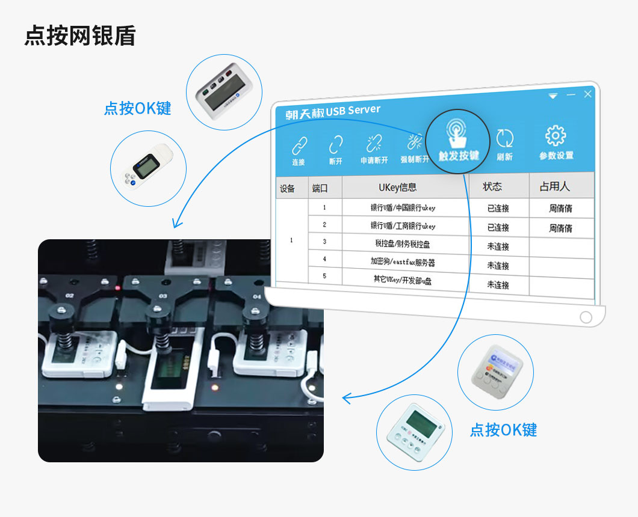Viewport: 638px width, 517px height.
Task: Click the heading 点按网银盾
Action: tap(80, 36)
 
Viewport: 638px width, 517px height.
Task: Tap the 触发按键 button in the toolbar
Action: tap(458, 141)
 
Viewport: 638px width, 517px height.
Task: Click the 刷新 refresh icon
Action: tap(504, 144)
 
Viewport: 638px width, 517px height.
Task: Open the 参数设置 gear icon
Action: tap(556, 142)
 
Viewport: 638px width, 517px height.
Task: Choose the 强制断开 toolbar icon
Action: tap(415, 148)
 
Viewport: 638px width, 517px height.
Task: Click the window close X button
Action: tap(588, 94)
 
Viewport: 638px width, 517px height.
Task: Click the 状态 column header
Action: tap(492, 186)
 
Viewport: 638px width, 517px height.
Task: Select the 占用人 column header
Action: tap(554, 186)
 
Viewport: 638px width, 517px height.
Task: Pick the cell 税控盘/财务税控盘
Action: tap(402, 244)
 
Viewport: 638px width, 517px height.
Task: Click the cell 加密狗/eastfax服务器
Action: tap(402, 262)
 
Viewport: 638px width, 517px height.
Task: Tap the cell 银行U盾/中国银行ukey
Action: tap(402, 208)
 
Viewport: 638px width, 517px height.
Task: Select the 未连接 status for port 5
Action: tap(498, 285)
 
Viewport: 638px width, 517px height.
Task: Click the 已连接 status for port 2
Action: tap(498, 227)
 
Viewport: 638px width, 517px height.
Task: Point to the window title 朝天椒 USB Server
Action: tap(333, 112)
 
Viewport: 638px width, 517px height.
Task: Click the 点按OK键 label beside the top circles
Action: tap(138, 108)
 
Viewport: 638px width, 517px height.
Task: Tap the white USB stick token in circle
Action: tap(148, 167)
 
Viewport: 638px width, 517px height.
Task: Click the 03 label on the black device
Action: tap(163, 296)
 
